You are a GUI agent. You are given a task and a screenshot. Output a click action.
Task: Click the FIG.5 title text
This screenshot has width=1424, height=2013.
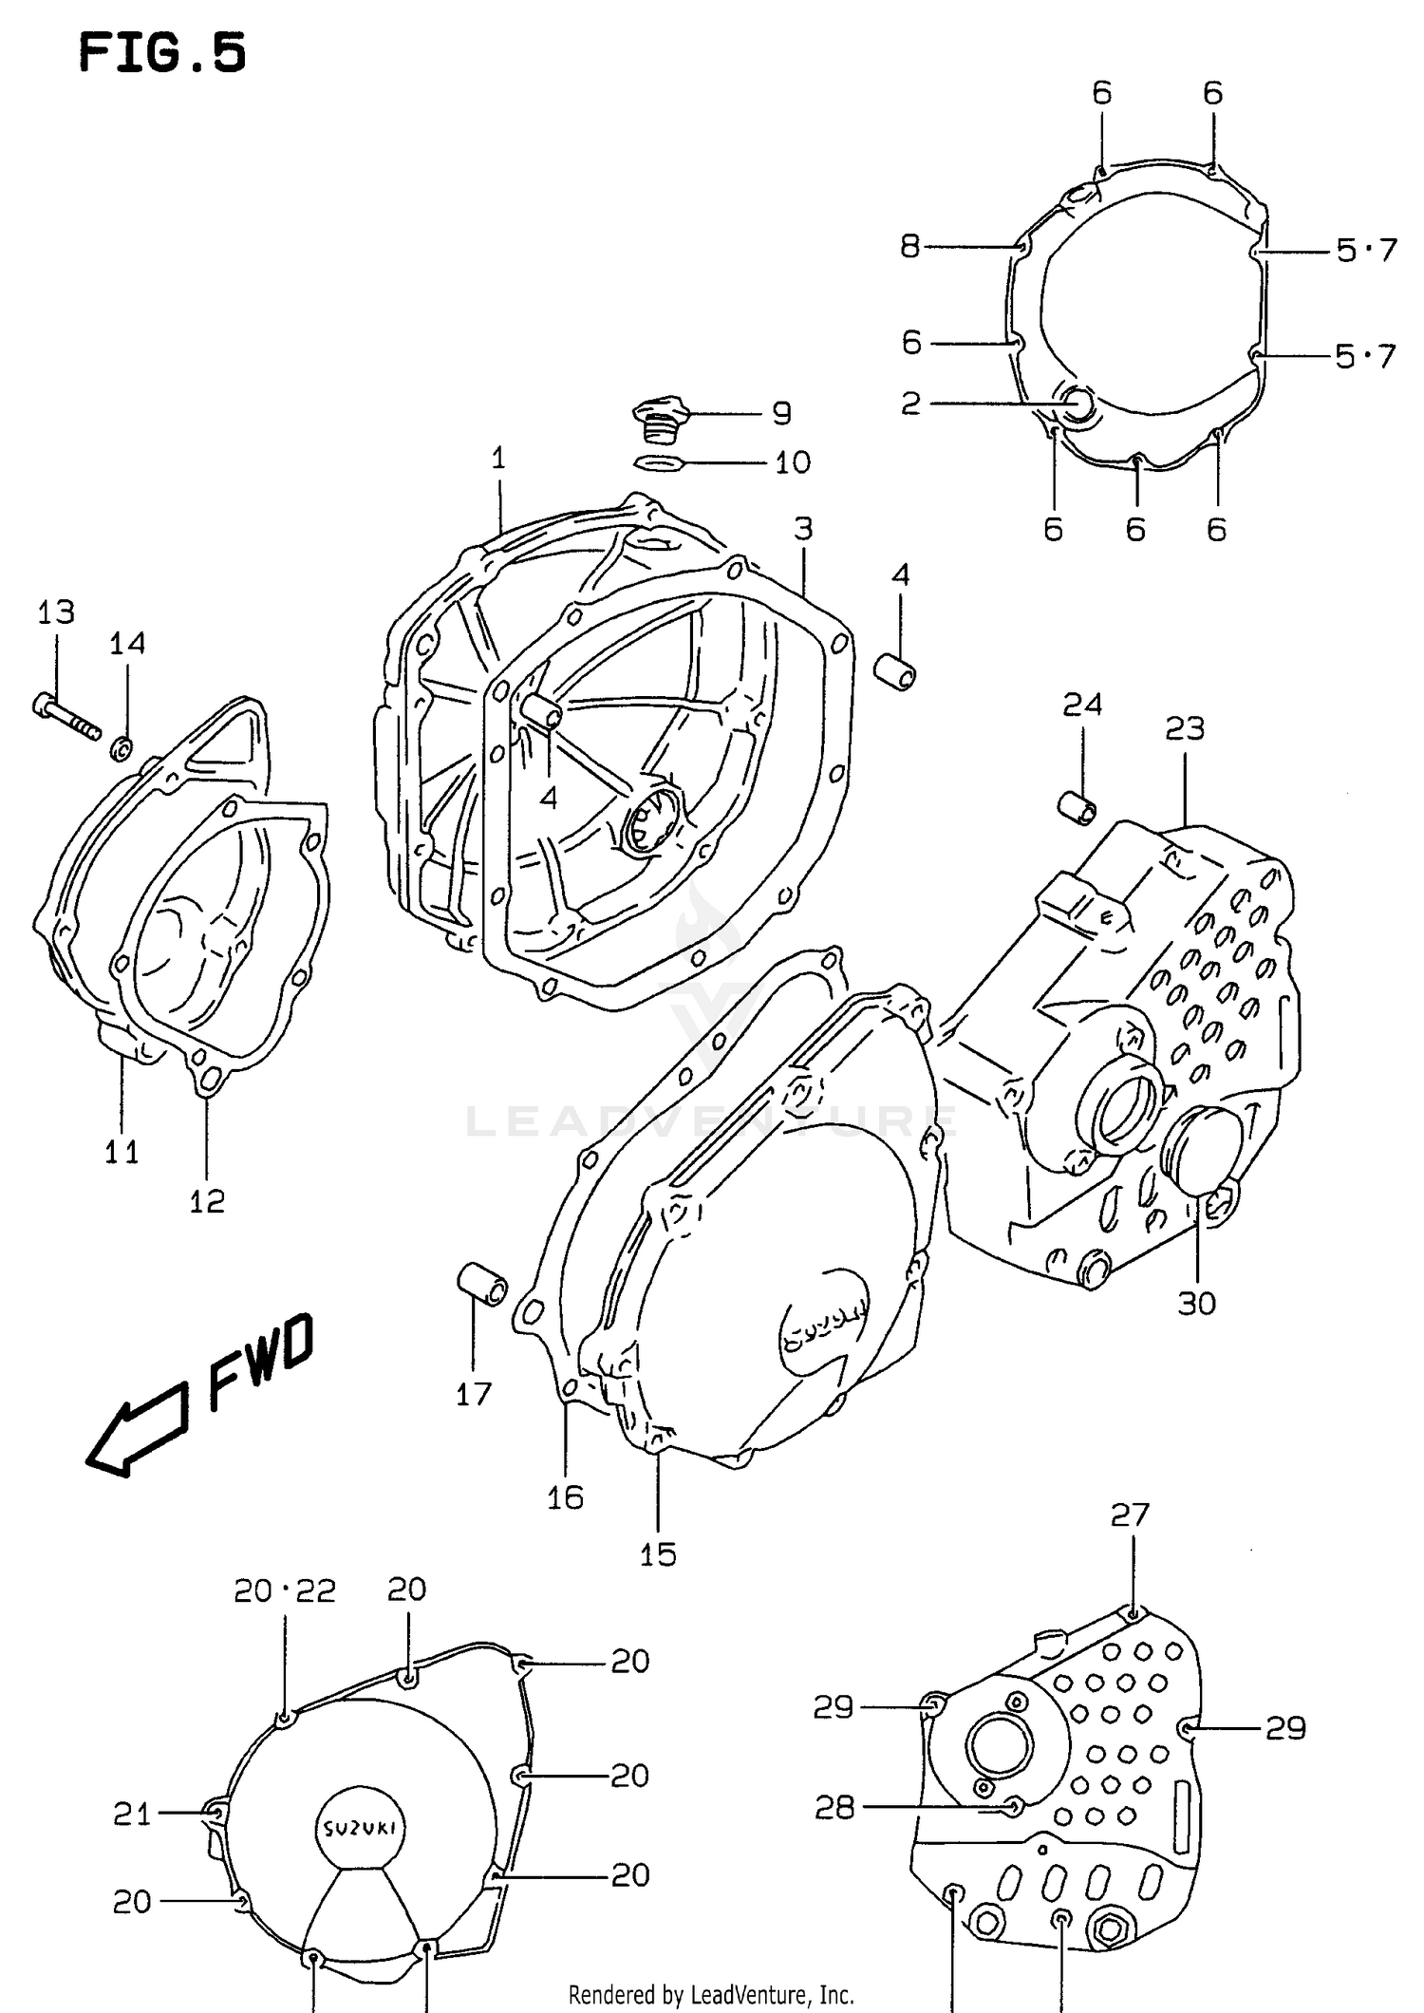[x=162, y=52]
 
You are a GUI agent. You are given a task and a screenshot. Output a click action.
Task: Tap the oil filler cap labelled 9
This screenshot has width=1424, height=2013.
[x=658, y=419]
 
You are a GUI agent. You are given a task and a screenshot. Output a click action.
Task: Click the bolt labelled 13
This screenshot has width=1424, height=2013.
[x=66, y=718]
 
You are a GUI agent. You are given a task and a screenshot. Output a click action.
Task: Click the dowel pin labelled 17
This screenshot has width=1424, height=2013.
[x=482, y=1285]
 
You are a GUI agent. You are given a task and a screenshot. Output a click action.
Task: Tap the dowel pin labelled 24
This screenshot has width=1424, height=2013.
[x=1077, y=806]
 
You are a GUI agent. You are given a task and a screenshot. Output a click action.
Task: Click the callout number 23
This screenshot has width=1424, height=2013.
[x=1185, y=729]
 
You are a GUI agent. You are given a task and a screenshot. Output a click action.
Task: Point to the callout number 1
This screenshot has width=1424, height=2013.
[x=498, y=459]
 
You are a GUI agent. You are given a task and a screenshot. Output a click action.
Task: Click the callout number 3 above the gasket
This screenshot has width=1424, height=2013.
[x=803, y=529]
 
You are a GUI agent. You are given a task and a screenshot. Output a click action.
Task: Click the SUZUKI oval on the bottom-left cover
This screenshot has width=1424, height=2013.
[x=360, y=1829]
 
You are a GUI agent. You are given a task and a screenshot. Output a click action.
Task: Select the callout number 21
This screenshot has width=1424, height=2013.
[x=132, y=1815]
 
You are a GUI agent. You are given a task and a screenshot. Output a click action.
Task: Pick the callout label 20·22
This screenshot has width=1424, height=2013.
[x=285, y=1590]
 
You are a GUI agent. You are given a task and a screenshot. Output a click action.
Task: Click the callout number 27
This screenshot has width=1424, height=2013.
[x=1130, y=1514]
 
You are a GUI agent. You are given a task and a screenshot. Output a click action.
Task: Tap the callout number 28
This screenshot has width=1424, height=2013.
[x=834, y=1808]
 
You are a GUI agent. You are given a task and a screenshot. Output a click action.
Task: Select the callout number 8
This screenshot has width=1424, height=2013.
[x=910, y=247]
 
